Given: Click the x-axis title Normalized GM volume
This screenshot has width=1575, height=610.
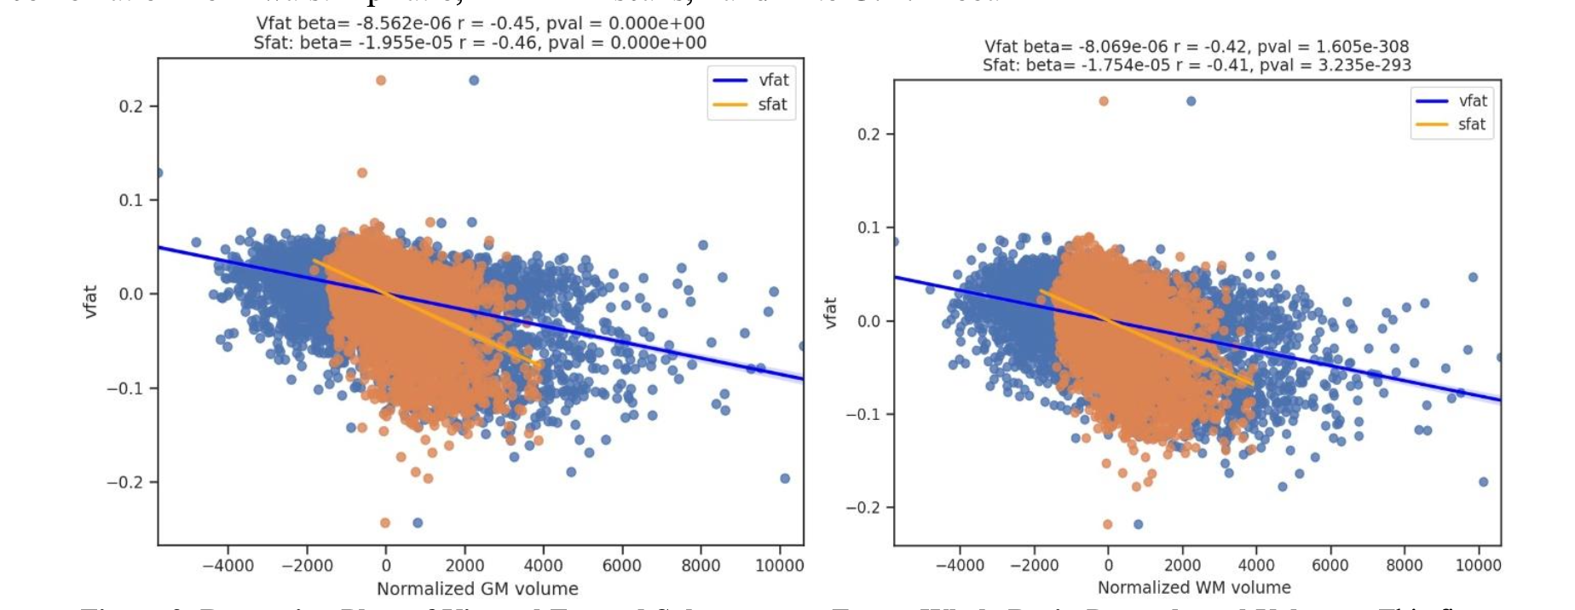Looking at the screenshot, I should pos(477,589).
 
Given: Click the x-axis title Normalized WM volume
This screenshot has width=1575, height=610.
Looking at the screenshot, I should pos(1193,587).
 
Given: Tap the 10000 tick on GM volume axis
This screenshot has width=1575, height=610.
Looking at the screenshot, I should pos(779,566).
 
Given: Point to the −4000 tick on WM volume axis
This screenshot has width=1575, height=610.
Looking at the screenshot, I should pos(959,565).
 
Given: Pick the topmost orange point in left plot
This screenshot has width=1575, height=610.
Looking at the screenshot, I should pos(381,80).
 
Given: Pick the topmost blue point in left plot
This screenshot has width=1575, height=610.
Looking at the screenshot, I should pos(474,80).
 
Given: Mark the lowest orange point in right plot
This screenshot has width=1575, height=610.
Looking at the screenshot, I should pos(1107,524).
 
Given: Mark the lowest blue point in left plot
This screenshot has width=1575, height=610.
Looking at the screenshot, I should pos(418,522).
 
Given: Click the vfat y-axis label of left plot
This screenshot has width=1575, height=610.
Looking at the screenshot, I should pos(90,302).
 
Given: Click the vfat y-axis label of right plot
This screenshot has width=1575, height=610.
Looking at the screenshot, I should pos(830,313).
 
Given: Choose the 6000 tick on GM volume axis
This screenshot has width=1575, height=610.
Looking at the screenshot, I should pos(621,566).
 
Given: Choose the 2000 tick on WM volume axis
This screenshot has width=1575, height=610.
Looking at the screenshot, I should pos(1181,565).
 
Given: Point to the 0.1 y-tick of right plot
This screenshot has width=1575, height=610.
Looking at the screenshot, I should pos(868,227).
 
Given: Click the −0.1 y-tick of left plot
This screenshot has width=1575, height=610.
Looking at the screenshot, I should pos(125,388).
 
